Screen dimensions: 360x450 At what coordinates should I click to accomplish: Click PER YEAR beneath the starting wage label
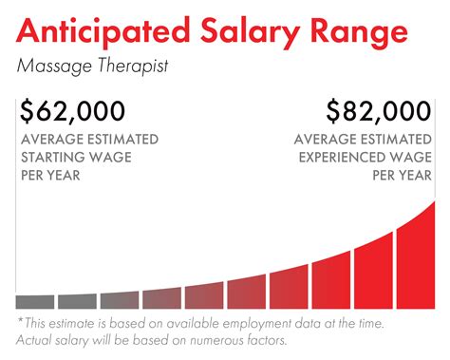[50, 176]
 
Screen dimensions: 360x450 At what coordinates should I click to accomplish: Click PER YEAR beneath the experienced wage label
[402, 176]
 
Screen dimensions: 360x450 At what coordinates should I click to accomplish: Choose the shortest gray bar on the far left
[35, 302]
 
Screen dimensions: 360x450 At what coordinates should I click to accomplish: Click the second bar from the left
[77, 301]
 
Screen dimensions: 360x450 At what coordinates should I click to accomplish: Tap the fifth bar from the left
[204, 295]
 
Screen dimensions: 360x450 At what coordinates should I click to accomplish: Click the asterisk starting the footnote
[20, 323]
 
